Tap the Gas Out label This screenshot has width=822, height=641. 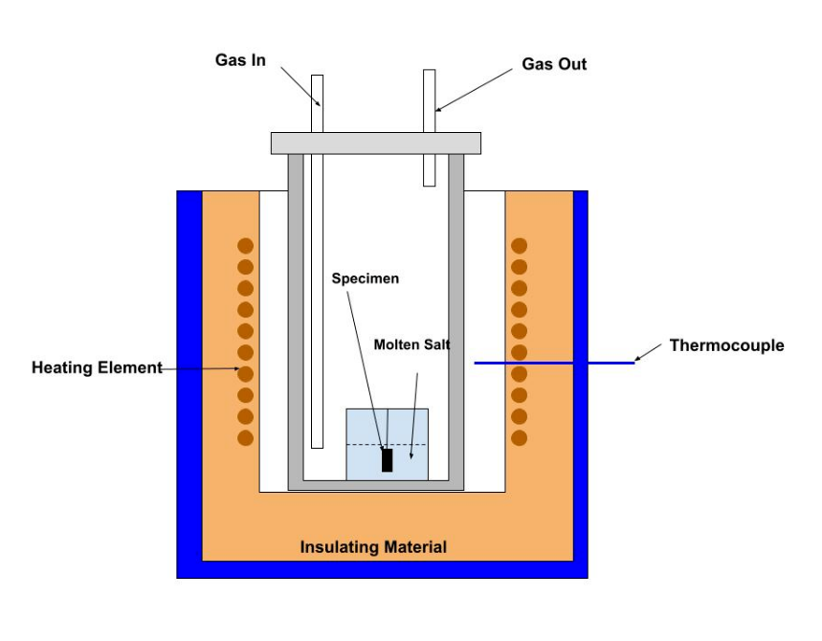pos(554,65)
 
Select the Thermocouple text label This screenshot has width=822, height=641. pos(726,345)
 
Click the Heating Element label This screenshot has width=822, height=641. pos(97,367)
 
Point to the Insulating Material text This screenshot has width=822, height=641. pos(373,548)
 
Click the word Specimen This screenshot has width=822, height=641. pos(365,279)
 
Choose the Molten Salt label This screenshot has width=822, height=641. pos(411,344)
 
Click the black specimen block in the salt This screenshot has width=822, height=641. pos(387,460)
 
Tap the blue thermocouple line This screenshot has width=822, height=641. pos(555,363)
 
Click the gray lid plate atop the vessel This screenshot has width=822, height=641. pos(375,143)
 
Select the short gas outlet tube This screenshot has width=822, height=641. pos(430,127)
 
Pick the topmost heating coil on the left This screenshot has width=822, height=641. pos(245,246)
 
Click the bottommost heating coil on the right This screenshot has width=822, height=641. pos(519,438)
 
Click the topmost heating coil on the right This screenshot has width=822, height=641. pos(519,246)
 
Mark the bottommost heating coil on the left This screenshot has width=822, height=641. pos(245,438)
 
